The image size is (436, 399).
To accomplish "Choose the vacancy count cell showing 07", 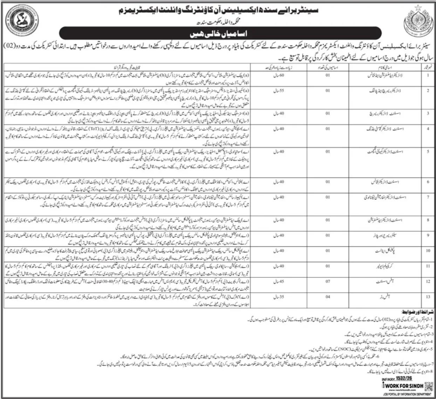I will (327, 281).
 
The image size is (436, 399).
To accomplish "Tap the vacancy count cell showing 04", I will (327, 297).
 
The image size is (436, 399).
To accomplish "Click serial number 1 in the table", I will (428, 74).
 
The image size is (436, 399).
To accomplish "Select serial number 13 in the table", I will (428, 297).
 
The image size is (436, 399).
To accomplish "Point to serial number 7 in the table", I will (428, 197).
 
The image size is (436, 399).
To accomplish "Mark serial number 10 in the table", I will (428, 251).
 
